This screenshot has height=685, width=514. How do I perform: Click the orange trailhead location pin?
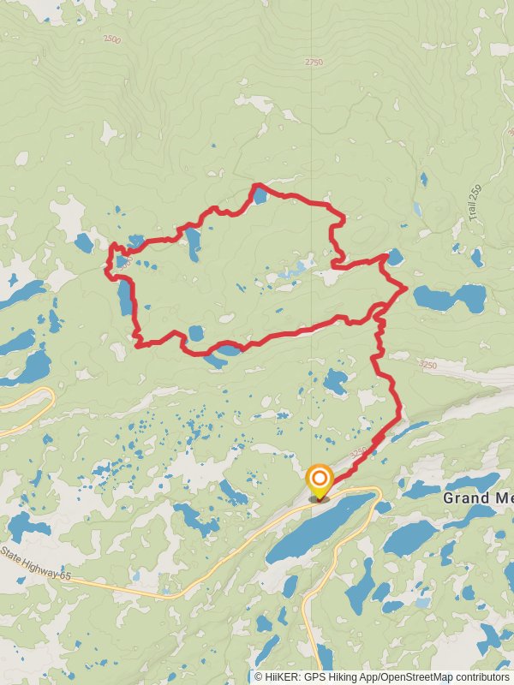(x=319, y=480)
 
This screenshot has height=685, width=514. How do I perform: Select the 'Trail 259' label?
(x=476, y=205)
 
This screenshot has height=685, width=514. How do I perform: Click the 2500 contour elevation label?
(x=111, y=39)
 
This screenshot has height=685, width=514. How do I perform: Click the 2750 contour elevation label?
(x=314, y=62)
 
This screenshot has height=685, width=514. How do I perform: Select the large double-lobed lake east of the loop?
(x=450, y=298)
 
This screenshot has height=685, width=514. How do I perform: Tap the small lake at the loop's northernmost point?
(x=260, y=196)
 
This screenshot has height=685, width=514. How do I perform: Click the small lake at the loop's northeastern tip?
(x=394, y=256)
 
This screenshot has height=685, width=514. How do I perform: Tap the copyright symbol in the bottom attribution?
(x=259, y=676)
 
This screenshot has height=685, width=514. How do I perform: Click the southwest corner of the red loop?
(x=137, y=344)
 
